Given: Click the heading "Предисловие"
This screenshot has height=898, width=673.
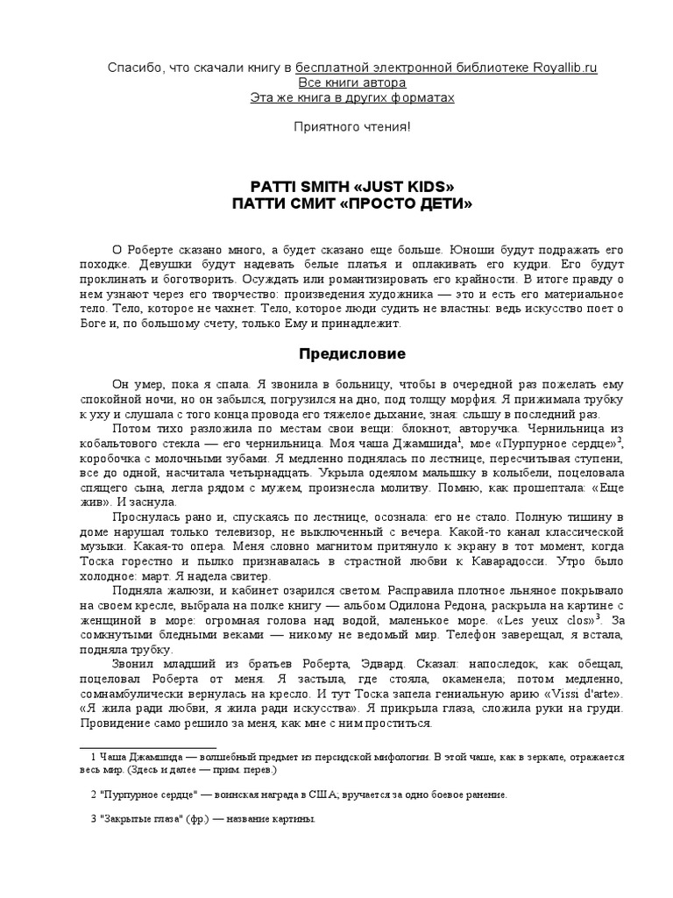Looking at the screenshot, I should tap(341, 355).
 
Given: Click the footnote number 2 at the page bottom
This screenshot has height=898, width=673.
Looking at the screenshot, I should tap(93, 795).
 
